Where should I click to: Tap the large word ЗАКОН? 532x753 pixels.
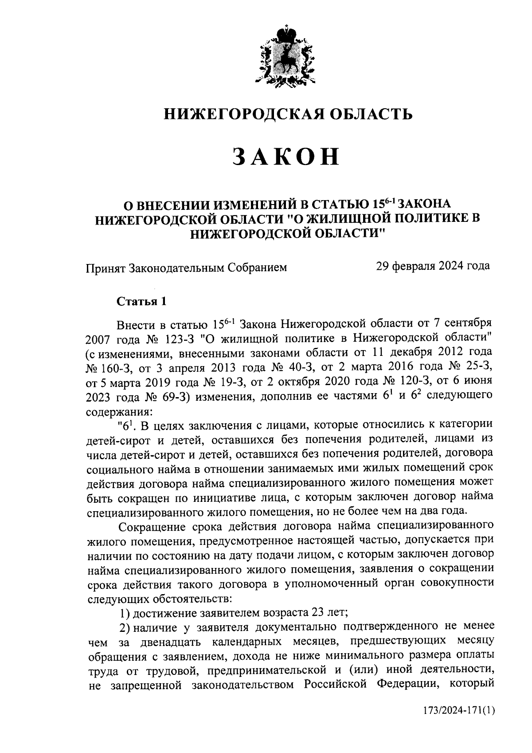(286, 157)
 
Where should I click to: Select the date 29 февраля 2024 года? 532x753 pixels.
(433, 266)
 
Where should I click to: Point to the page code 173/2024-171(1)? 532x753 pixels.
(458, 724)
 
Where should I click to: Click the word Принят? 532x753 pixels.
(105, 267)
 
